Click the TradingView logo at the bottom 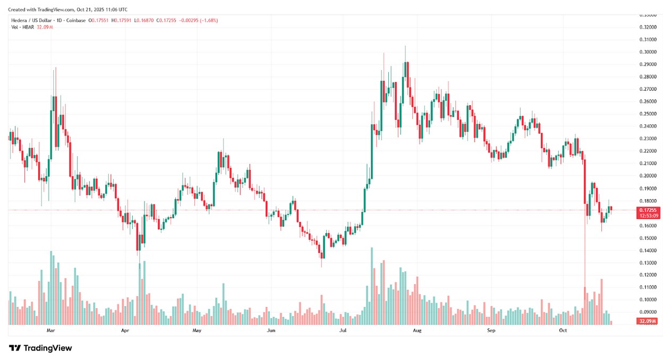pos(40,348)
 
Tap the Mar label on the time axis pos(51,330)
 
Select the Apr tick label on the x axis pos(125,330)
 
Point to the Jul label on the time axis pos(343,330)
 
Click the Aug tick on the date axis pos(417,330)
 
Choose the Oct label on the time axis pos(564,330)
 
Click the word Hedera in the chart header pos(19,20)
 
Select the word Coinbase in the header pos(77,20)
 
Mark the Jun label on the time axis pos(271,330)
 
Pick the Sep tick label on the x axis pos(491,330)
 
